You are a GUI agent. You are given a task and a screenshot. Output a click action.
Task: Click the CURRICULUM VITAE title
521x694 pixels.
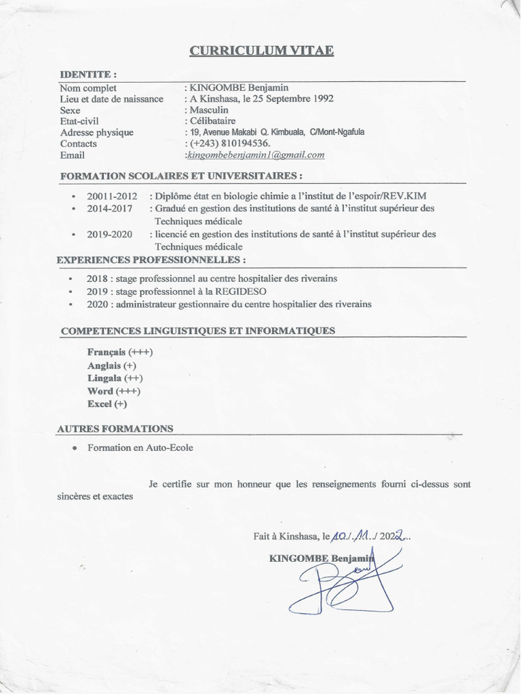pos(261,51)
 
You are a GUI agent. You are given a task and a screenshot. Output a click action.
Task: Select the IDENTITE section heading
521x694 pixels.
pos(88,74)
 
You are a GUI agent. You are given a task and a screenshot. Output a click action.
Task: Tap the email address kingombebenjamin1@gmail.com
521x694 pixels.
pos(256,155)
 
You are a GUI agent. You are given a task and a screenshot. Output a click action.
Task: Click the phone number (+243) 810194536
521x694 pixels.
pos(231,144)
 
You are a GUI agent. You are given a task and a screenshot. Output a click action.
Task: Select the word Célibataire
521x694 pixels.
pos(213,121)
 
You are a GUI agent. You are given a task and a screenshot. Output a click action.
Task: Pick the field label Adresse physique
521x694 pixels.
pos(96,133)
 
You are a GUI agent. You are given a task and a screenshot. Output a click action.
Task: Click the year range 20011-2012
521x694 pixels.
pos(112,196)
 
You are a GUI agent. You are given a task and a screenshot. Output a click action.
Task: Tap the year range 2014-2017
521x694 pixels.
pos(110,208)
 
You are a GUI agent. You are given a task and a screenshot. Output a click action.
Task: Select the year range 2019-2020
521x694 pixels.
pos(110,234)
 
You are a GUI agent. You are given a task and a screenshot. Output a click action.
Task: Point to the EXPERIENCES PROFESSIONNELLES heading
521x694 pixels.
pos(151,260)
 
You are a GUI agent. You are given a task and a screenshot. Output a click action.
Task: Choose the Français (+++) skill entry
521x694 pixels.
pos(120,352)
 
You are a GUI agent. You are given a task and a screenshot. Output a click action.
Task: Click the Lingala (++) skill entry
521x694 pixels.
pos(115,378)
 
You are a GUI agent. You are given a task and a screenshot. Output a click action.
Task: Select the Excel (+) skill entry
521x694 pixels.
pos(107,404)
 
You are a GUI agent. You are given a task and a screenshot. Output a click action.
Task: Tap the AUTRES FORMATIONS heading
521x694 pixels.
pos(115,428)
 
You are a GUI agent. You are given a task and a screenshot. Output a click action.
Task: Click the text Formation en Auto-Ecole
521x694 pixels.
pos(140,448)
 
